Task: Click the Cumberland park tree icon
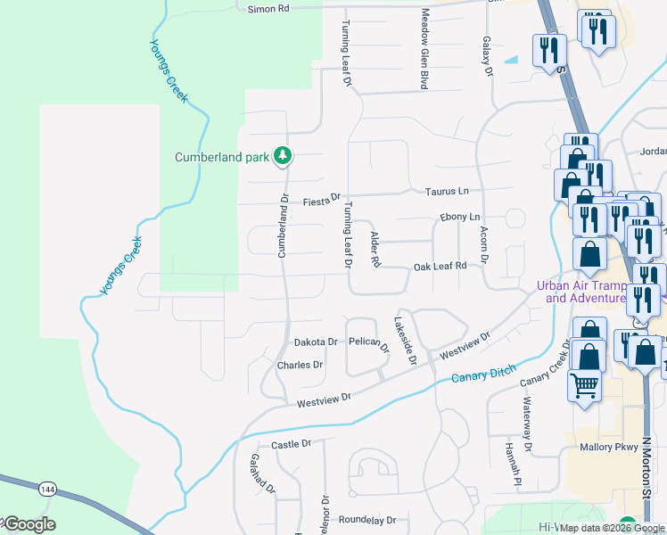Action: pyautogui.click(x=283, y=157)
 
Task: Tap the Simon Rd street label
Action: pyautogui.click(x=268, y=8)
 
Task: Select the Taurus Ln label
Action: pyautogui.click(x=447, y=192)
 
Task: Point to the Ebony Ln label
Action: pyautogui.click(x=460, y=218)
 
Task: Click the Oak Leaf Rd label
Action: pyautogui.click(x=440, y=267)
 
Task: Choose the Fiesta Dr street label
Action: pyautogui.click(x=322, y=200)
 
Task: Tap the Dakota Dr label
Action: pyautogui.click(x=316, y=342)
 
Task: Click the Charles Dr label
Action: pyautogui.click(x=300, y=366)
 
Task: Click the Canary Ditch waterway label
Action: pyautogui.click(x=482, y=377)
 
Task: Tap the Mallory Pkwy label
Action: pyautogui.click(x=606, y=448)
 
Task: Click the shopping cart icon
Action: pyautogui.click(x=585, y=386)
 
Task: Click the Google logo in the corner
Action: pyautogui.click(x=29, y=524)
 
